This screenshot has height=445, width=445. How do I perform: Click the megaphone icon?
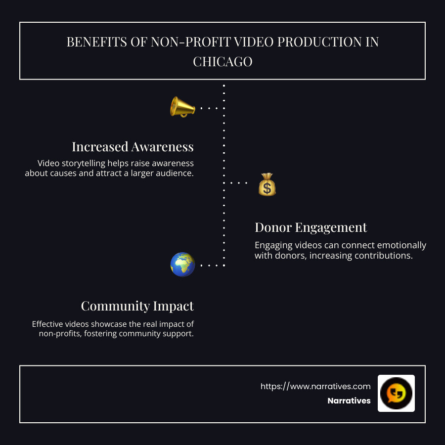point(182,106)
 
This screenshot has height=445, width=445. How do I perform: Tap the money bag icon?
point(267,184)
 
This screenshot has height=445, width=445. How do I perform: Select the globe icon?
point(182,264)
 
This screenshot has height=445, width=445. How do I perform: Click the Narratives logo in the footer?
point(396,393)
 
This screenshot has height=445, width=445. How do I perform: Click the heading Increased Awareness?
point(133,147)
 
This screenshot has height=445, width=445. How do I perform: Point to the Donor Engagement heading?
point(311,227)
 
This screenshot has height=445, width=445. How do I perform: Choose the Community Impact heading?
point(137,306)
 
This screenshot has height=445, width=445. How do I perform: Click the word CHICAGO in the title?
point(222,61)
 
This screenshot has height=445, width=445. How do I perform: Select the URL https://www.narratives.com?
point(315,386)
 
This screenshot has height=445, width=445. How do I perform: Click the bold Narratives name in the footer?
point(349,401)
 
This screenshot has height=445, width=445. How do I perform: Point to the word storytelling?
point(87,163)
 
